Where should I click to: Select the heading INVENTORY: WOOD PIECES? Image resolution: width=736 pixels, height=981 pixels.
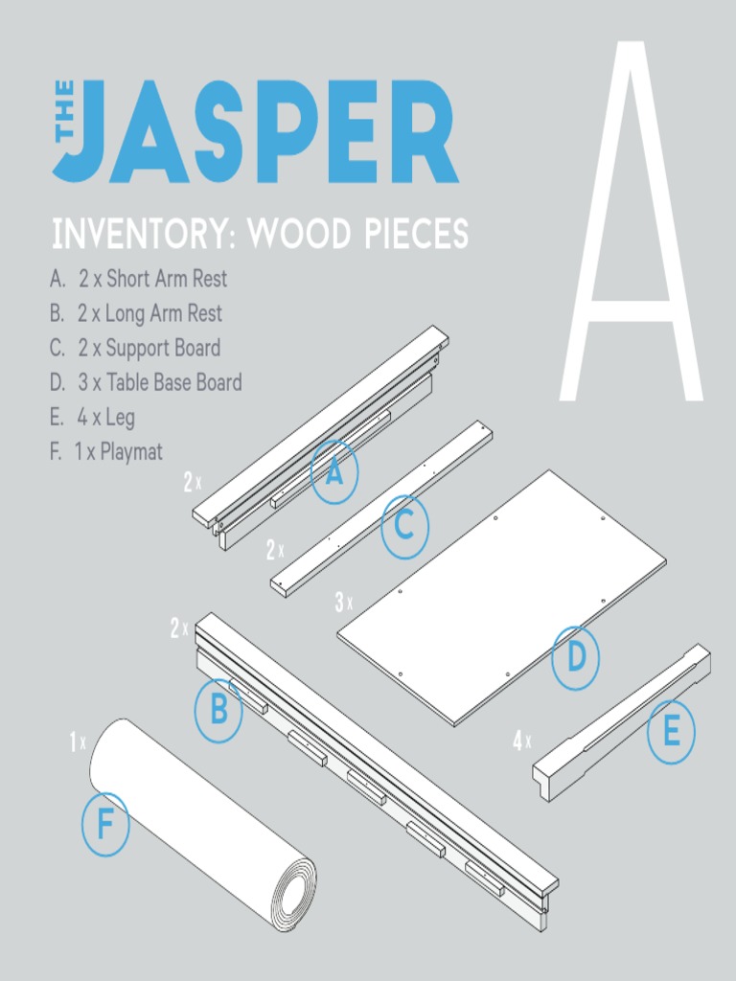click(260, 235)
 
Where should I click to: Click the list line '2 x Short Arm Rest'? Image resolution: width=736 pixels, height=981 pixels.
click(139, 280)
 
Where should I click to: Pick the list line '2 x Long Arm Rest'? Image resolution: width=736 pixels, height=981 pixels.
click(136, 313)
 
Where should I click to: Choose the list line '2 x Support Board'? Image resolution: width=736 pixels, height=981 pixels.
click(135, 348)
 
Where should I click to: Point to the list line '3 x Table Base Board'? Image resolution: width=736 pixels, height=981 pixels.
click(146, 383)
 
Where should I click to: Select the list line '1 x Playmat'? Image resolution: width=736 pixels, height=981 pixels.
click(106, 452)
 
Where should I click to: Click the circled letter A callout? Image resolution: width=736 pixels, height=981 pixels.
click(333, 471)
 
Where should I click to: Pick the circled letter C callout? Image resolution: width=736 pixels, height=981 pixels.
click(404, 526)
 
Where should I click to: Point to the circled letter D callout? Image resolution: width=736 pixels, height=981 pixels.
click(576, 658)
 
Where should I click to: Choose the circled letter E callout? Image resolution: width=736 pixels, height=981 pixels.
click(671, 733)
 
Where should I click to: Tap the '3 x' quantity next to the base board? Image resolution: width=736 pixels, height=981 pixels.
click(343, 603)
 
